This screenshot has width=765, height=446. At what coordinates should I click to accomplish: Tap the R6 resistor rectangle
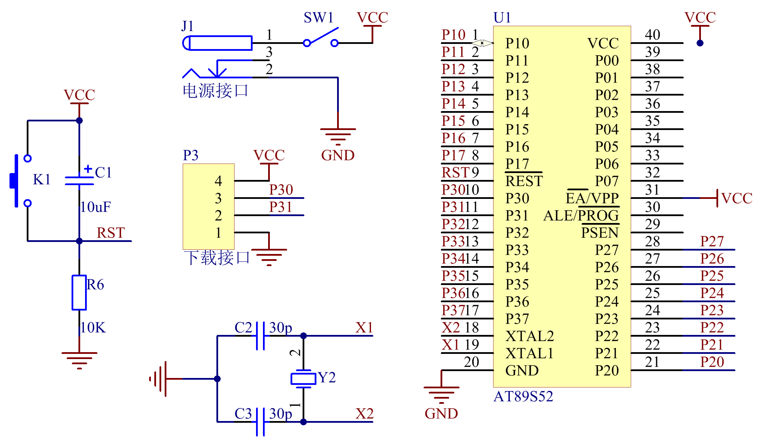(79, 292)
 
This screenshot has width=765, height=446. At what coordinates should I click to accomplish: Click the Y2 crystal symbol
(303, 379)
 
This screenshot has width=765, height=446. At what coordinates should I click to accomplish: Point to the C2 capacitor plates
(260, 336)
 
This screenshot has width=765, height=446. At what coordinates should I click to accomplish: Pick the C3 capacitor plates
(260, 422)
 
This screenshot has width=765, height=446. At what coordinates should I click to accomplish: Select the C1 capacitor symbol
(80, 180)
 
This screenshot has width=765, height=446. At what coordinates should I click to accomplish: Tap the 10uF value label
(96, 208)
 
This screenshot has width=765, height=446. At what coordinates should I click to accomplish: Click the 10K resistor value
(93, 328)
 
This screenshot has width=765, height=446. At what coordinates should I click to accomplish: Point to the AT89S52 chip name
(523, 397)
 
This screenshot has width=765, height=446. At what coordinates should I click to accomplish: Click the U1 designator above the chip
(502, 18)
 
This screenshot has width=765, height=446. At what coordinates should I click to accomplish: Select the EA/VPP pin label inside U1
(592, 198)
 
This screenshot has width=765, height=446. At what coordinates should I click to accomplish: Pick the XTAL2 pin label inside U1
(530, 336)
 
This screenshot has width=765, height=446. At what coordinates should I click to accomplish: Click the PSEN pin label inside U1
(599, 233)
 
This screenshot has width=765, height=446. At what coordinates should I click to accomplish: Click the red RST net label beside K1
(111, 233)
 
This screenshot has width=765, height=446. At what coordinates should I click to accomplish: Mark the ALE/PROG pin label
(581, 216)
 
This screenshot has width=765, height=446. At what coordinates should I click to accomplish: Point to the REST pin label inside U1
(524, 181)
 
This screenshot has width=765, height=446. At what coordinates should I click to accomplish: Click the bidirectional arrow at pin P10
(482, 43)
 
